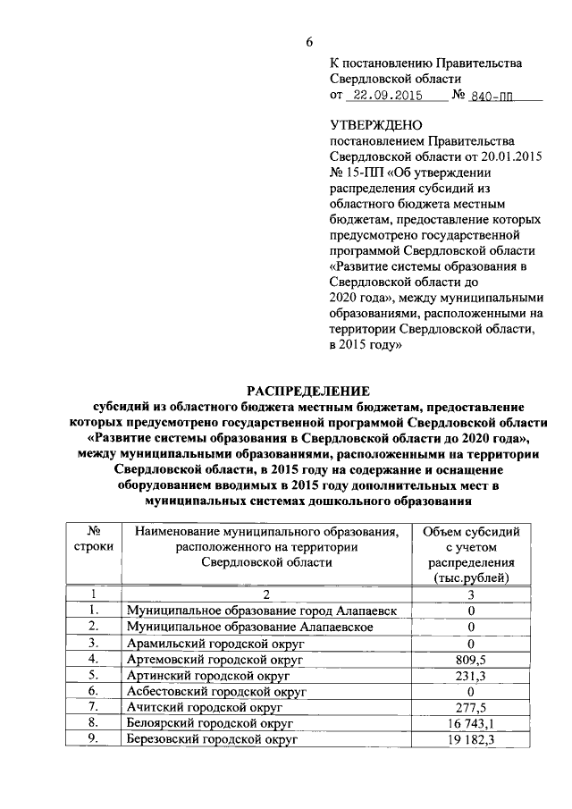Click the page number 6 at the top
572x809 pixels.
point(309,41)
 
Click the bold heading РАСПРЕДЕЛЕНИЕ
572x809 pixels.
point(307,391)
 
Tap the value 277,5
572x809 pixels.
point(470,707)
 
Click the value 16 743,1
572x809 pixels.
point(470,723)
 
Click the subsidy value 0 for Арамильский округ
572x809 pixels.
point(470,642)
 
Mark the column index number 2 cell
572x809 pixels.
point(265,594)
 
